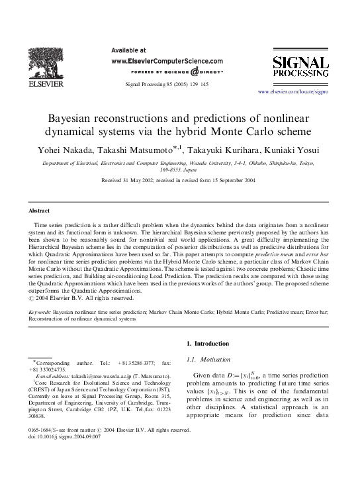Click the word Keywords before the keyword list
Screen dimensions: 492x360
coord(39,311)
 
